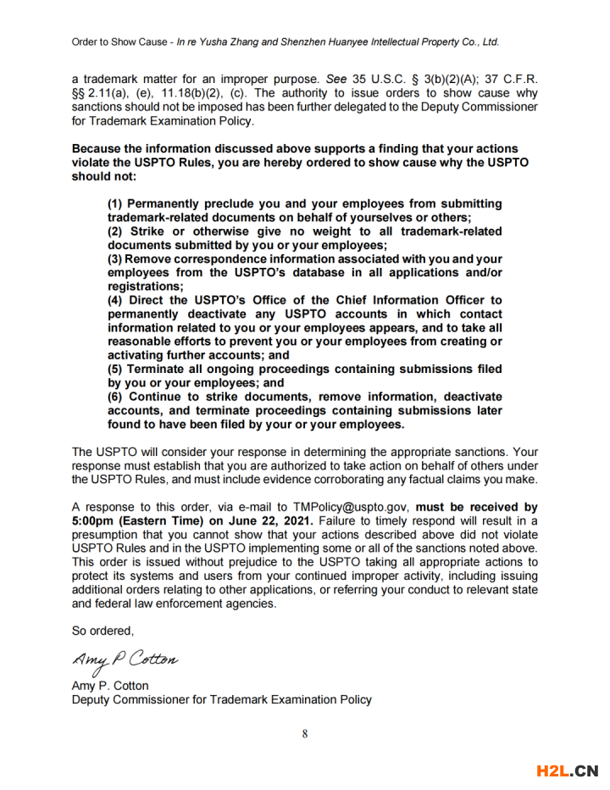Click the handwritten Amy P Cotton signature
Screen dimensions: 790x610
point(125,659)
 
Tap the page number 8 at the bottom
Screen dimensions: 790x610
point(305,734)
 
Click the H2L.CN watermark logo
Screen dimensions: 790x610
point(568,771)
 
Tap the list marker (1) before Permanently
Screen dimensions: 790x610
point(116,204)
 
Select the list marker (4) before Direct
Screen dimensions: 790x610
point(116,301)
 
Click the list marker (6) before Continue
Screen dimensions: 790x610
point(116,397)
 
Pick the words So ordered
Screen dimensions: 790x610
point(103,631)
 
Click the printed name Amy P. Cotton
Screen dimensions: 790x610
point(110,686)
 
